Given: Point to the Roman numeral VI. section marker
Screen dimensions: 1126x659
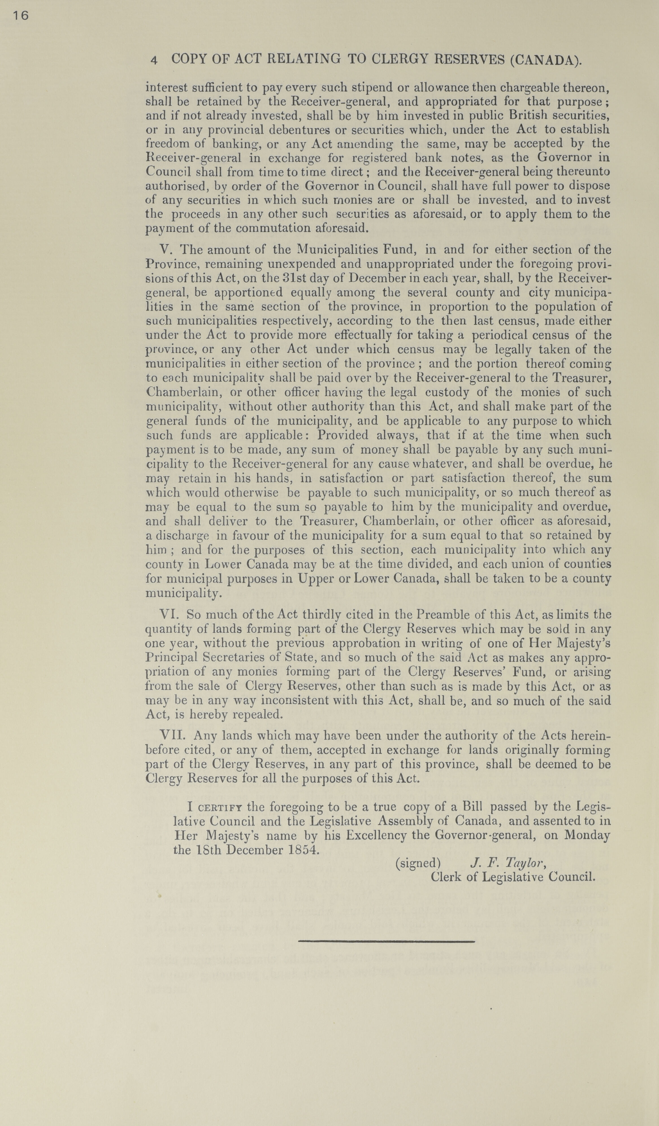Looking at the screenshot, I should coord(169,615).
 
